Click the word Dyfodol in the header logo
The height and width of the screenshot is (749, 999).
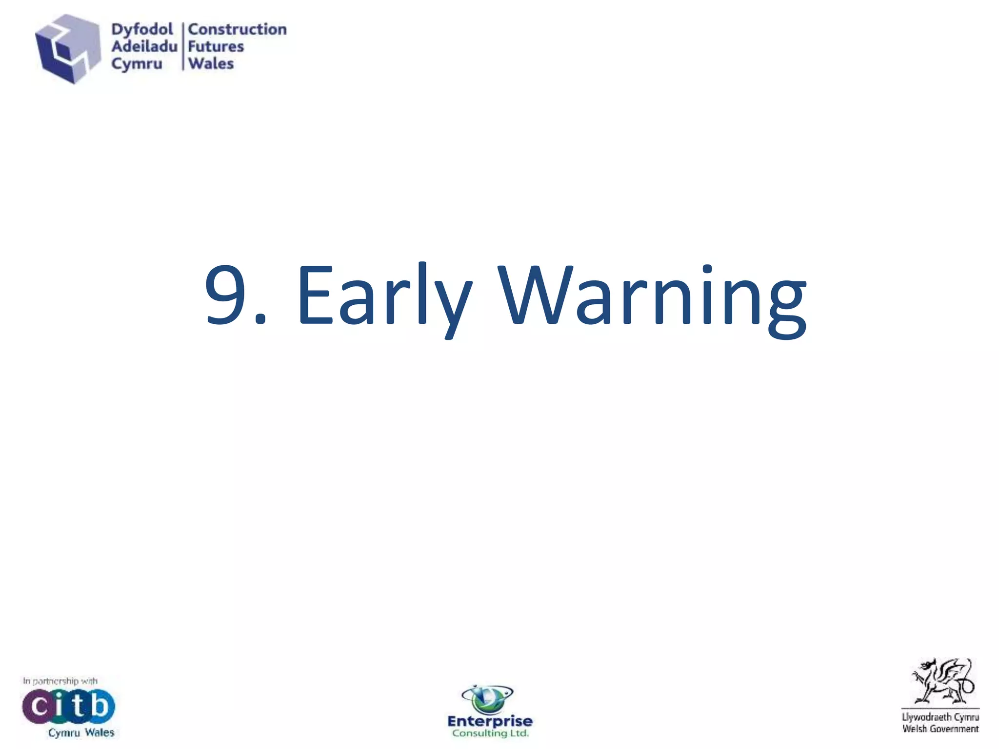coord(142,29)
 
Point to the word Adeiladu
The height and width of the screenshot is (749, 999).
coord(144,46)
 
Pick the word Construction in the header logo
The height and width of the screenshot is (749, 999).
coord(237,29)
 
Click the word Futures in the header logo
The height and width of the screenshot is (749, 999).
coord(216,46)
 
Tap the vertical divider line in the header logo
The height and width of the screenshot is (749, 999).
coord(183,46)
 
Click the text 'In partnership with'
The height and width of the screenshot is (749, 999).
coord(60,681)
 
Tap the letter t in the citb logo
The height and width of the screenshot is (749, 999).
coord(79,706)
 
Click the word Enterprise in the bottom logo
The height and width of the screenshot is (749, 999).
coord(490,721)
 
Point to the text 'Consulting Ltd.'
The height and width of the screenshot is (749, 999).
coord(490,733)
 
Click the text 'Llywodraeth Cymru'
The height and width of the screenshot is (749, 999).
coord(940,717)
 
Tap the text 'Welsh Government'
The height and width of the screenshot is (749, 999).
coord(940,729)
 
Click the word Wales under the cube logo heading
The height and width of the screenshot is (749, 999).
coord(211,63)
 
